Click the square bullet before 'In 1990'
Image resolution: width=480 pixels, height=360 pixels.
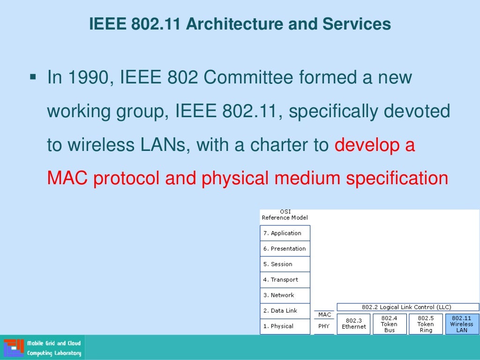point(33,76)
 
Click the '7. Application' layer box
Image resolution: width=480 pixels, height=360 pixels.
point(285,233)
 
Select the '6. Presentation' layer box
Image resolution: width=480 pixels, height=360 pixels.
point(285,249)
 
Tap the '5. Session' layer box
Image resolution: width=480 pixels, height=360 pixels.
point(285,264)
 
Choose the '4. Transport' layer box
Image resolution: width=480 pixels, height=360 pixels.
point(285,280)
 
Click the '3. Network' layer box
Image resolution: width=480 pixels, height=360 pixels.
point(285,295)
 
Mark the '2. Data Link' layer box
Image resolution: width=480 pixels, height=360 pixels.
point(285,311)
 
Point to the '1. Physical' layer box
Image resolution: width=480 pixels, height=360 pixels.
point(285,326)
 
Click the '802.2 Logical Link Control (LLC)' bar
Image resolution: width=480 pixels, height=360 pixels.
point(407,307)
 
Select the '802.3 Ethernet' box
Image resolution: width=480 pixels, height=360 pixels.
point(353,324)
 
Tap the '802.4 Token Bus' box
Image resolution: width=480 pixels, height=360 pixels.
point(389,324)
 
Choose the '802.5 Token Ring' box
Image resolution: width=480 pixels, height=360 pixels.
point(425,324)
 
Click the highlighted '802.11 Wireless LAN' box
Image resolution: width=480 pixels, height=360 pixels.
point(462,324)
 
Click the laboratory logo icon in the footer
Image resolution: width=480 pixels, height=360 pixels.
point(13,348)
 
